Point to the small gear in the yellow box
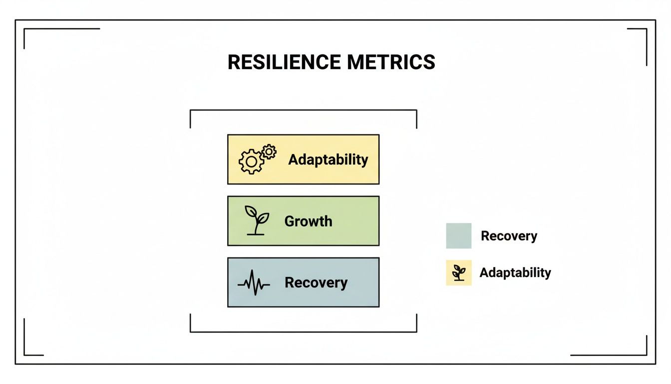(x=269, y=151)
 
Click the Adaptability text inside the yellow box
(x=328, y=159)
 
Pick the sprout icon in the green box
(x=256, y=220)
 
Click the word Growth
(x=308, y=221)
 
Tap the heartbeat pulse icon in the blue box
(x=254, y=283)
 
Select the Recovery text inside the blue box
(x=316, y=282)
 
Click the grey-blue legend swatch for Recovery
(x=458, y=235)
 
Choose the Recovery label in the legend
(x=509, y=236)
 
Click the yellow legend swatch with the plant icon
(x=458, y=272)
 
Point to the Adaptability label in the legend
(x=515, y=272)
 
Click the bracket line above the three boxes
(x=303, y=110)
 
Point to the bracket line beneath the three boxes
(x=303, y=331)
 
